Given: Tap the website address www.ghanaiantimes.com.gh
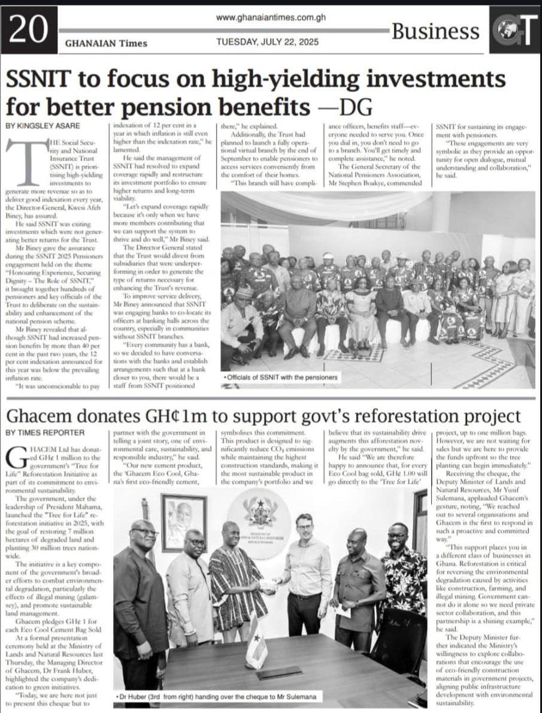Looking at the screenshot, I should (271, 18).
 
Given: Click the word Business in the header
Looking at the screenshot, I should (435, 31).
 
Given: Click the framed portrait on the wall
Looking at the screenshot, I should (184, 522).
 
